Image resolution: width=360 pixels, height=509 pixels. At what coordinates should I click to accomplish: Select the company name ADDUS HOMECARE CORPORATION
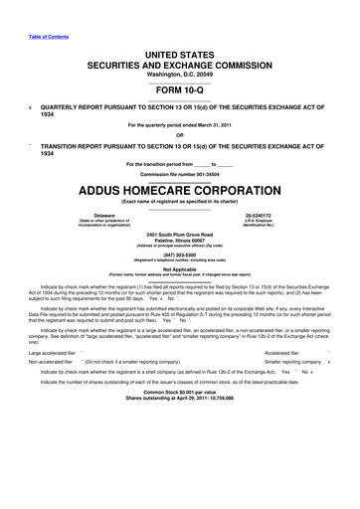point(179,187)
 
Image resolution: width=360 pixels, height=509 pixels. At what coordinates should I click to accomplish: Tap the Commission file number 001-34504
point(179,172)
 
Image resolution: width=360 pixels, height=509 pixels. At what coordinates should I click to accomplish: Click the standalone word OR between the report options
point(179,135)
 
